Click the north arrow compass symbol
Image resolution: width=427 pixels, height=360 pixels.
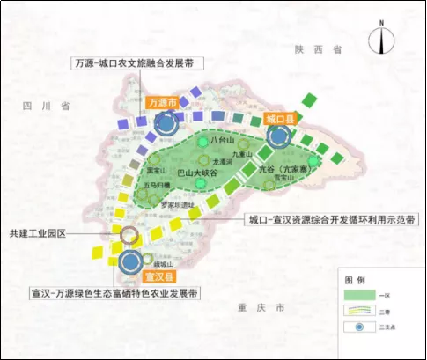point(379,41)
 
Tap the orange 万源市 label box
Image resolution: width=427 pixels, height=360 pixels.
point(163,103)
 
